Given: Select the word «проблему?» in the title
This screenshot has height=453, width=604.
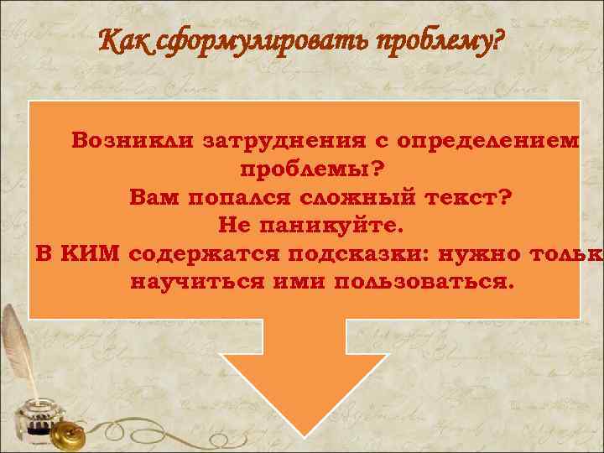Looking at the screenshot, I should pyautogui.click(x=437, y=39).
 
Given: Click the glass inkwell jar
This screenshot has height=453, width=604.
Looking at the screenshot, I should pyautogui.click(x=38, y=419).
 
